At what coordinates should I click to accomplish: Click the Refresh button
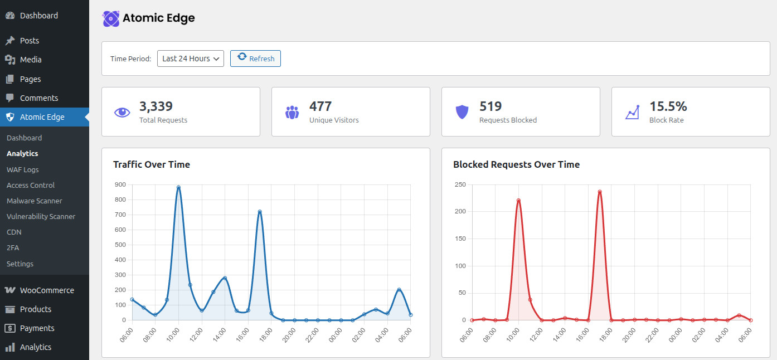(x=255, y=59)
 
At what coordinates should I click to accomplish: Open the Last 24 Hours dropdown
(x=190, y=59)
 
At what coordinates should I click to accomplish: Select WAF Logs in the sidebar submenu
(x=23, y=169)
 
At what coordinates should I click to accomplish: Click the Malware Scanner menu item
(x=35, y=201)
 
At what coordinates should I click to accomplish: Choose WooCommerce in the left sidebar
(x=47, y=290)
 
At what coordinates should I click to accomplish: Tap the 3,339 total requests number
(x=156, y=106)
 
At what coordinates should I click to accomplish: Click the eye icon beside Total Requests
(x=122, y=112)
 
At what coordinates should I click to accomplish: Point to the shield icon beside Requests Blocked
(x=462, y=112)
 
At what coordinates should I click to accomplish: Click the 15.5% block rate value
(x=668, y=106)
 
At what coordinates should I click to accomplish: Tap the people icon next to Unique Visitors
(x=292, y=112)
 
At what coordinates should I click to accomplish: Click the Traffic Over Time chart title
(x=152, y=164)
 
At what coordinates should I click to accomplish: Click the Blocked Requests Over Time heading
(x=516, y=164)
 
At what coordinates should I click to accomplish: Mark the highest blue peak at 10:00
(x=178, y=187)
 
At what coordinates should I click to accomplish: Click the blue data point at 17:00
(x=260, y=212)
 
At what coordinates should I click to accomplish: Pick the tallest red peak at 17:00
(x=600, y=192)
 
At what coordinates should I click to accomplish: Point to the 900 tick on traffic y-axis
(x=120, y=184)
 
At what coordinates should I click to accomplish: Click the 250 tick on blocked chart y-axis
(x=460, y=184)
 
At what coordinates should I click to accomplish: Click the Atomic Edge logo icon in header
(x=111, y=18)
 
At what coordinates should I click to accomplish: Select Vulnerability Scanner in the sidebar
(x=41, y=216)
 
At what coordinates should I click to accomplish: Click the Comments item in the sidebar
(x=38, y=98)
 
